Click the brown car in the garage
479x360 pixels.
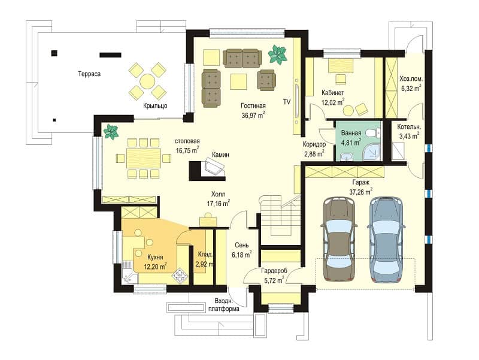click(339, 239)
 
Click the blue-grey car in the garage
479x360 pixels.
click(386, 239)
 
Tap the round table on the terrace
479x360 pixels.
click(147, 81)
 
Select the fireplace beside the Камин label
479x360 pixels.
click(208, 171)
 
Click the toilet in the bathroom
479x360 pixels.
click(373, 132)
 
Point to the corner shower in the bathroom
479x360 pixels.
click(371, 152)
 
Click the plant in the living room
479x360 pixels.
click(278, 54)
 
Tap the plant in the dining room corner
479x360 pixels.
click(111, 132)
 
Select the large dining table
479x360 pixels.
click(144, 158)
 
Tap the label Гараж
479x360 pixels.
click(361, 183)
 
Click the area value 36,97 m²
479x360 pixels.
click(253, 116)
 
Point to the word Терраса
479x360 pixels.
click(89, 74)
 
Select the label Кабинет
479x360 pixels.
click(333, 93)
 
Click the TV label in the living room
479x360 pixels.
click(287, 102)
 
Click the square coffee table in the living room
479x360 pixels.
click(238, 81)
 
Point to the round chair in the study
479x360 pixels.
click(348, 110)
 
